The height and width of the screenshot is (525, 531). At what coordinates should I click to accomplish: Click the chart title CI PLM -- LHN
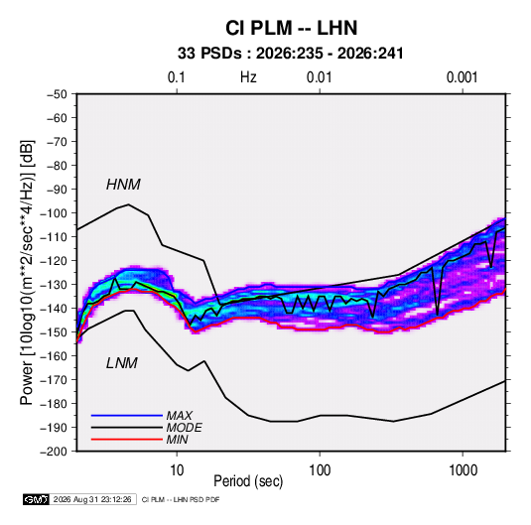coord(291,28)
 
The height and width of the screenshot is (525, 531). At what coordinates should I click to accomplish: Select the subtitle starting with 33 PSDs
coord(291,54)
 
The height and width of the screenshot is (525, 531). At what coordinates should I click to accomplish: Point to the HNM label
coord(123,185)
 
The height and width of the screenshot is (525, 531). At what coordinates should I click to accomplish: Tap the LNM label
coord(122,363)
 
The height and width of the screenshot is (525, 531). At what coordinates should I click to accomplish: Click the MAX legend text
coord(180,416)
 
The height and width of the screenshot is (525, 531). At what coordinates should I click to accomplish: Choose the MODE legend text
coord(185,428)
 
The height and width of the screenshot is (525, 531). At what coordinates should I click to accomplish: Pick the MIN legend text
coord(177,440)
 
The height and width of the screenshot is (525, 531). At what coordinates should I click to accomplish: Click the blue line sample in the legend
coord(127,415)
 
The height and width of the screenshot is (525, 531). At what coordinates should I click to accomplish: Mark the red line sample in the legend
coord(127,440)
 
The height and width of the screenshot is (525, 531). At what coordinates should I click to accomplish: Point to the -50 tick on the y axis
coord(57,94)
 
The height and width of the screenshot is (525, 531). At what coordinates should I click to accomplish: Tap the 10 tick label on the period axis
coord(177,470)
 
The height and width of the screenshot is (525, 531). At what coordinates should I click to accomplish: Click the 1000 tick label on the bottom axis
coord(463,470)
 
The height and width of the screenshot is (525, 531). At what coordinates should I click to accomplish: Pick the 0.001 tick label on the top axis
coord(462,77)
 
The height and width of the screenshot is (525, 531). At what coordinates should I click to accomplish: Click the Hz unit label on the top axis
coord(248,77)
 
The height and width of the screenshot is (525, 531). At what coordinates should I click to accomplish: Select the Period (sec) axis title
coord(248,481)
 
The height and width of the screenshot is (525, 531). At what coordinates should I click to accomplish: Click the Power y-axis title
coord(27,273)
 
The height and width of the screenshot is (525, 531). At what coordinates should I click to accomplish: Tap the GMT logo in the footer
coord(37,499)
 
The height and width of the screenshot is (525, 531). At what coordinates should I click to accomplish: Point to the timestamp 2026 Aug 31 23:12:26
coord(92,499)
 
